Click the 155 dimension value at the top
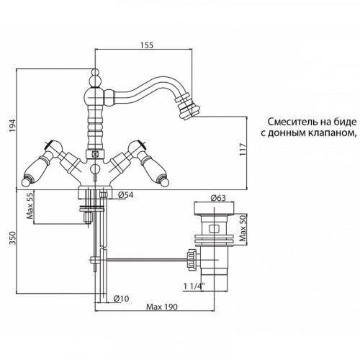click(147, 45)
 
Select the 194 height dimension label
click(12, 125)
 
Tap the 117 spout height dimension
click(243, 149)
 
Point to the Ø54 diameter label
click(125, 195)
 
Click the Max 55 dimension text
click(30, 205)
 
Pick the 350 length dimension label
click(12, 238)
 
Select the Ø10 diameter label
click(121, 298)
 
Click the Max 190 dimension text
click(162, 307)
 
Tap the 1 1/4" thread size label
click(194, 286)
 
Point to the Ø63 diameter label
click(218, 198)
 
